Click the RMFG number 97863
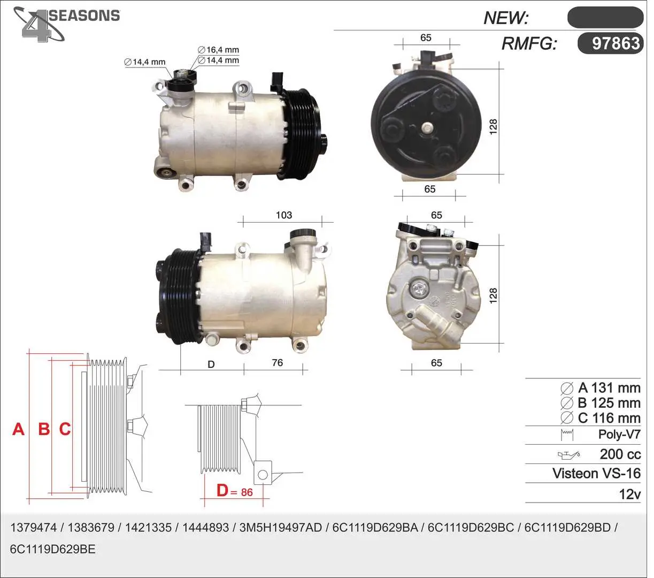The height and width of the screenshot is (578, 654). pyautogui.click(x=615, y=43)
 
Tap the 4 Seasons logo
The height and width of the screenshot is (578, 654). pyautogui.click(x=66, y=24)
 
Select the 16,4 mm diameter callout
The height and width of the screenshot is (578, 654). pyautogui.click(x=219, y=50)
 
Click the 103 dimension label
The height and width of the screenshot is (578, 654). pyautogui.click(x=284, y=215)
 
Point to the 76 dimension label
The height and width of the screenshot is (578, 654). pyautogui.click(x=278, y=362)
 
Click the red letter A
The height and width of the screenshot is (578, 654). pyautogui.click(x=18, y=429)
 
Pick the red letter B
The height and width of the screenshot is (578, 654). pyautogui.click(x=44, y=429)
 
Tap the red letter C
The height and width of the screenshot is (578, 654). pyautogui.click(x=65, y=429)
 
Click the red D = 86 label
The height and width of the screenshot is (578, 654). pyautogui.click(x=235, y=491)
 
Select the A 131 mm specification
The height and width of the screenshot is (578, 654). pyautogui.click(x=601, y=387)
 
